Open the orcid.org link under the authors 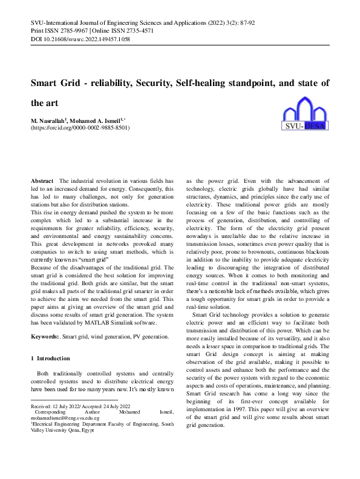80,128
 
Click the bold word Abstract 42,181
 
